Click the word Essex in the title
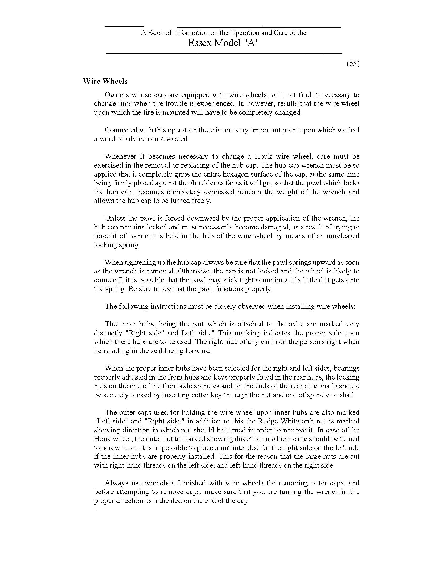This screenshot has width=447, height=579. pos(200,43)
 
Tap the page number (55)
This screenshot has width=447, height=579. pos(353,64)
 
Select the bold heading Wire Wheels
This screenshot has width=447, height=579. pos(105,81)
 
